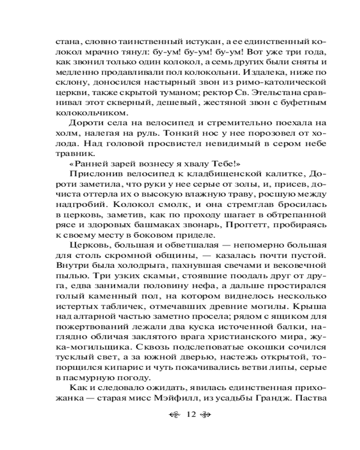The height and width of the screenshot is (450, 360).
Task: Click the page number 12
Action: pyautogui.click(x=189, y=414)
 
